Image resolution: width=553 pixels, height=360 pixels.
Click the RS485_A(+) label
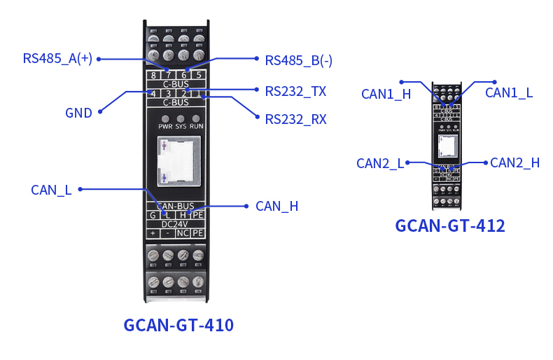tap(57, 59)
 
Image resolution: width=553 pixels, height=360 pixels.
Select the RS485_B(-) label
tap(298, 60)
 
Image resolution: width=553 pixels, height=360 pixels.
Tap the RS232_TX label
tap(295, 91)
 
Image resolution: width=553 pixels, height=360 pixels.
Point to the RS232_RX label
tap(295, 119)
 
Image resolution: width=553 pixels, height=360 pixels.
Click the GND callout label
tap(78, 113)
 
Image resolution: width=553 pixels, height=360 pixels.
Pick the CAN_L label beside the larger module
tap(51, 190)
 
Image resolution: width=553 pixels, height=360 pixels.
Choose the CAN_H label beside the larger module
tap(276, 206)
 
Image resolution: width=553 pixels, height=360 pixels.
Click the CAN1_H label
tap(386, 95)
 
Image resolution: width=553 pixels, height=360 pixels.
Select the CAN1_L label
tap(509, 92)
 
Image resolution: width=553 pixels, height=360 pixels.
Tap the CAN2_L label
tap(380, 163)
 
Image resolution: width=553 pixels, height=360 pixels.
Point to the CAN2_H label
tap(514, 162)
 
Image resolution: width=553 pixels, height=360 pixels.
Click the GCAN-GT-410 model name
tap(178, 326)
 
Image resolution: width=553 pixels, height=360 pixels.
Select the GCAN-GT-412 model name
tap(450, 226)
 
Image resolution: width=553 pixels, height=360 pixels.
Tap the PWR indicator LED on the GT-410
tap(165, 118)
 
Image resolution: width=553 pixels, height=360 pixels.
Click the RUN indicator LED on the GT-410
tap(197, 118)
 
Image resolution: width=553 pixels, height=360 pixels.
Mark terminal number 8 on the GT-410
tap(153, 75)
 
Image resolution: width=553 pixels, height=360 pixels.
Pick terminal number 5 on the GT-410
tap(199, 75)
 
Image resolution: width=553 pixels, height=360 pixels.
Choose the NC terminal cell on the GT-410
tap(183, 233)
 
